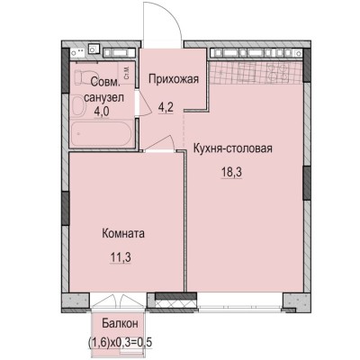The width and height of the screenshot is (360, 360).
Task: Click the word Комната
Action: pos(123,233)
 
